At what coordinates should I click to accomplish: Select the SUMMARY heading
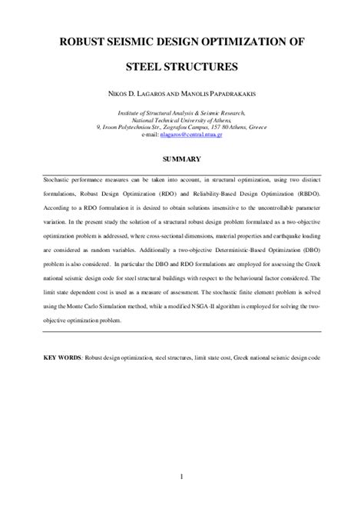coord(181,159)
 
